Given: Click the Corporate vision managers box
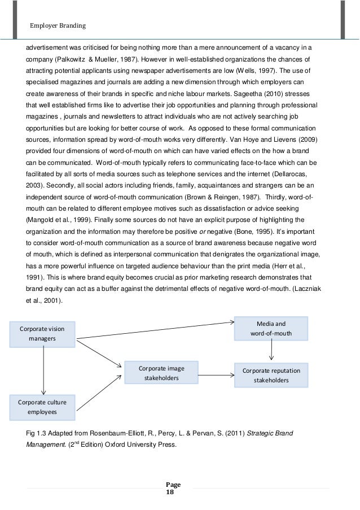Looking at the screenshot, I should pos(42,334).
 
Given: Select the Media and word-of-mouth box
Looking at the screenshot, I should pos(271,328).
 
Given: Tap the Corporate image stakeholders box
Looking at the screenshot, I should pos(161,373).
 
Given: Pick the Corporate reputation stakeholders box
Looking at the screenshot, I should pos(271,376).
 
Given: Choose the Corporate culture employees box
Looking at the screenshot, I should pos(42,407).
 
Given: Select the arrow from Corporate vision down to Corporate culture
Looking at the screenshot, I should pos(43,370).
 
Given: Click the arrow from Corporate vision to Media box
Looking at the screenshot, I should pos(155,330).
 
